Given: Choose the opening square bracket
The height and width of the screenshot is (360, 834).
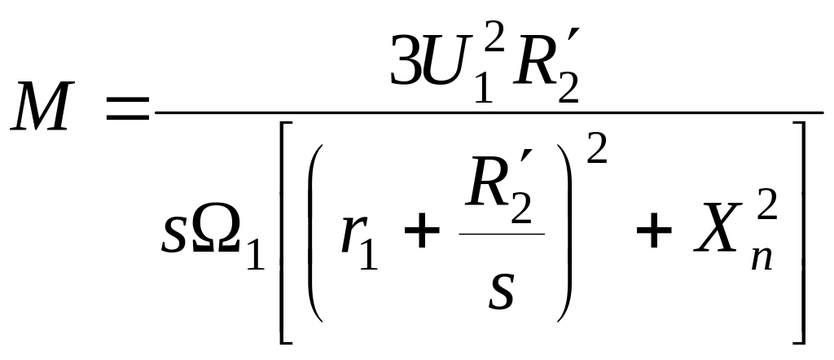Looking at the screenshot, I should click(x=285, y=232).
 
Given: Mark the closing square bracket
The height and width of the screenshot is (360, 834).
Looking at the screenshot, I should click(x=799, y=232).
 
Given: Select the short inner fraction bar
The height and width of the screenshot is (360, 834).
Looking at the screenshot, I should click(x=501, y=234).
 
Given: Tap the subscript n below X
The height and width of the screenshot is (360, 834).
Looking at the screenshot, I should click(x=759, y=256).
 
